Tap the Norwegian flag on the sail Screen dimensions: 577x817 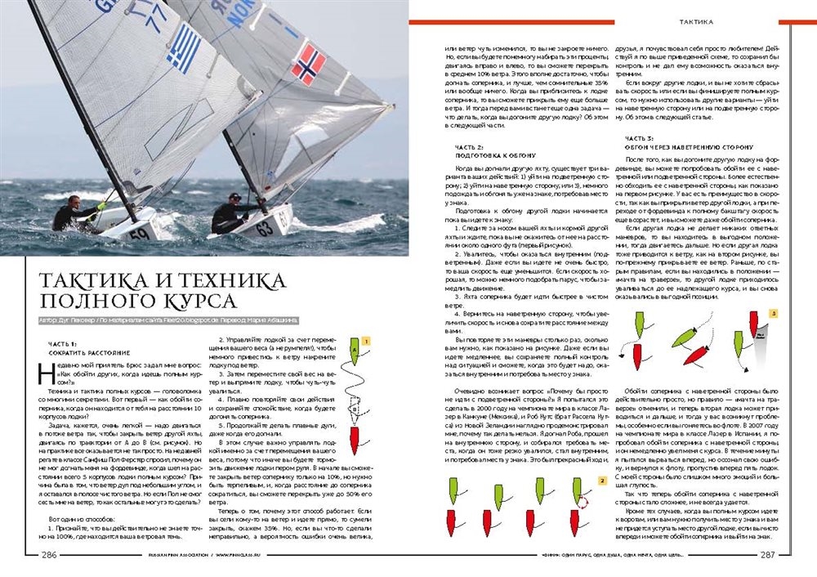tap(308, 65)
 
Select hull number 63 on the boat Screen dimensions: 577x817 tap(265, 229)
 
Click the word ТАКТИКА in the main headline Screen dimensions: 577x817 tap(87, 280)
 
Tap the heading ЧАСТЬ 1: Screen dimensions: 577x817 tap(62, 344)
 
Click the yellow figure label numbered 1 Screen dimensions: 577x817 tap(367, 340)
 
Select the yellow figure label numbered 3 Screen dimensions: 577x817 tap(773, 313)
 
